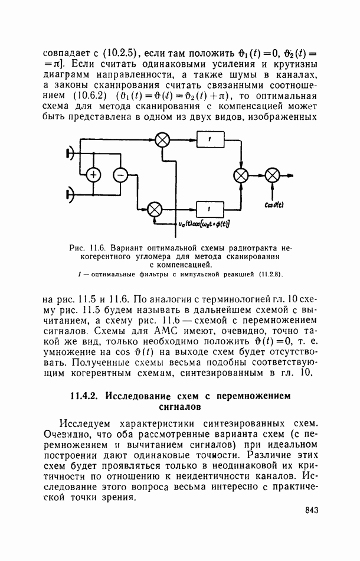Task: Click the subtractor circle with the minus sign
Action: pos(120,174)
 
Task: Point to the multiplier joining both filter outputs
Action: pos(241,175)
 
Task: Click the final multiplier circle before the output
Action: pos(272,175)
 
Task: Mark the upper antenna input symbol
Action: pos(70,154)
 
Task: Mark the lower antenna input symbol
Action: pos(70,193)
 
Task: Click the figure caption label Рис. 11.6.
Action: pos(84,249)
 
